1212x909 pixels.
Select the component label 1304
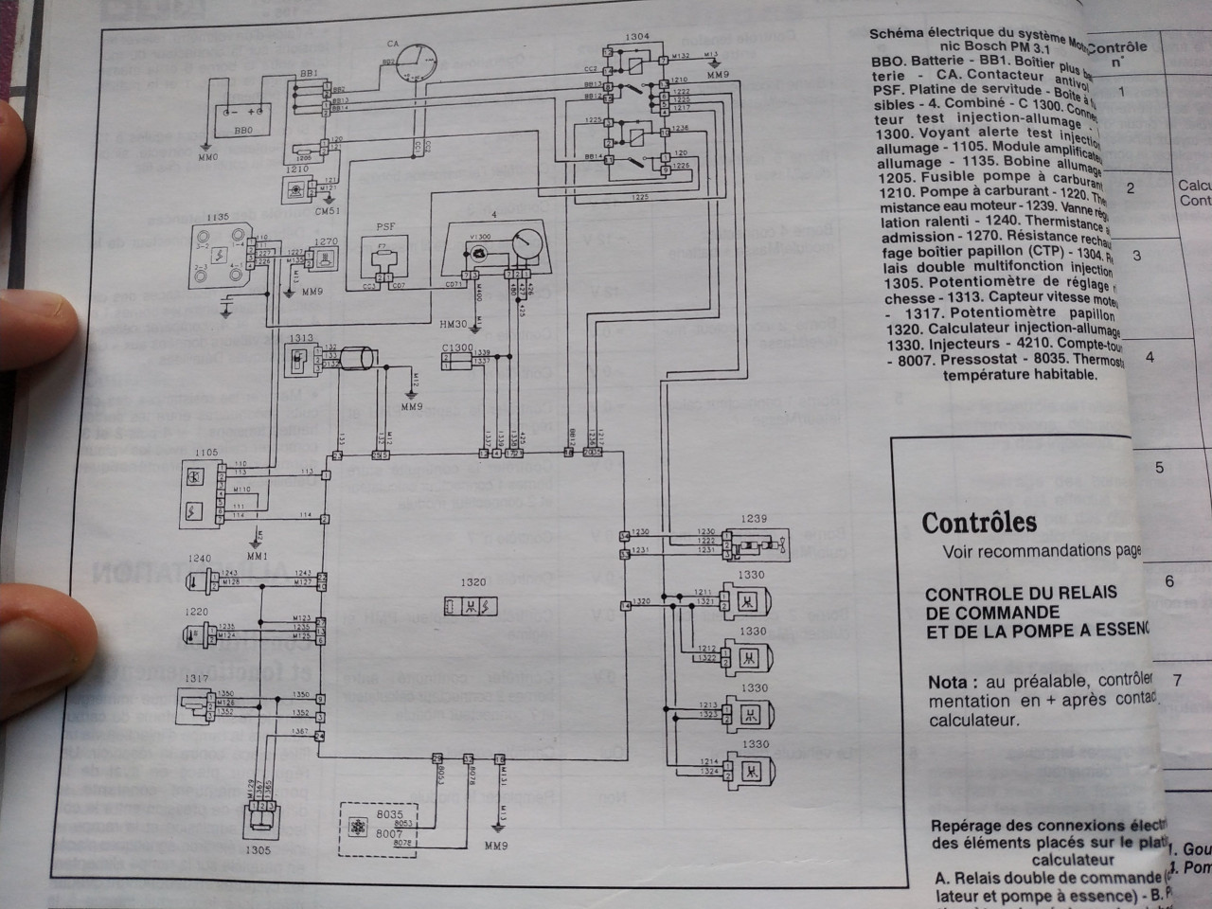[637, 36]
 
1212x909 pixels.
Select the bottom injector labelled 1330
[747, 769]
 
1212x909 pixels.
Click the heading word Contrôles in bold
[979, 523]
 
